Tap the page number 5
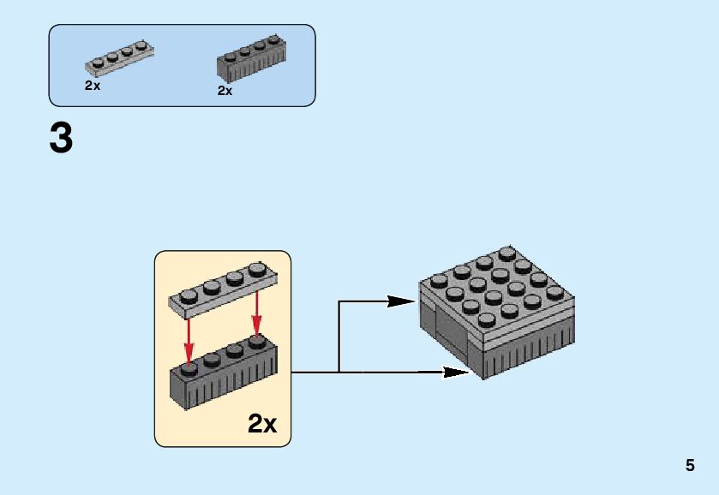(x=690, y=466)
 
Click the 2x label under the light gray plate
(x=93, y=86)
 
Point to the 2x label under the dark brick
(x=225, y=90)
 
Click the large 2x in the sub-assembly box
(x=262, y=422)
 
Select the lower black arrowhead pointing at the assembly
(x=453, y=372)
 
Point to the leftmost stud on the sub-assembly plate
(x=189, y=294)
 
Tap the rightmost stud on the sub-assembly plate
(x=255, y=273)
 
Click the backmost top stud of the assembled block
(x=506, y=254)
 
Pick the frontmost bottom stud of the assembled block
(x=486, y=320)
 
